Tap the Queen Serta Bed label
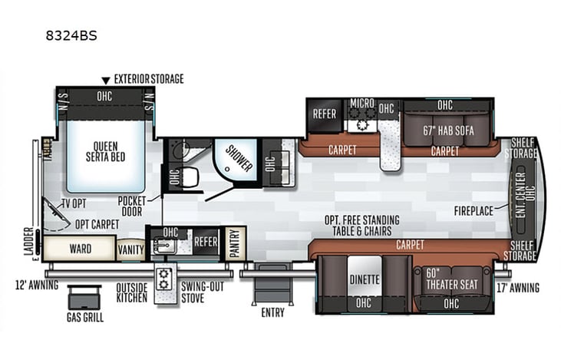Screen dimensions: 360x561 tap(106, 152)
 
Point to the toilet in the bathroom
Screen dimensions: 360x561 tap(188, 177)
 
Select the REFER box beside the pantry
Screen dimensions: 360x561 tap(206, 240)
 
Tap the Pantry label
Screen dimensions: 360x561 tap(233, 242)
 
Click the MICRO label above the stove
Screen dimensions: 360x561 tap(362, 103)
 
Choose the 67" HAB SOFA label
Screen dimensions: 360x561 tap(448, 130)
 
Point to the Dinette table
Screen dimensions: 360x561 tap(365, 280)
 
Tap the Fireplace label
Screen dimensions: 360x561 tap(474, 209)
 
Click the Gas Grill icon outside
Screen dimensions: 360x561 tap(84, 298)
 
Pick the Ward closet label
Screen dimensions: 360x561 tap(81, 249)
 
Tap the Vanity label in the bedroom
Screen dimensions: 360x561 tap(130, 249)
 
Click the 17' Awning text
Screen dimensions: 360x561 tap(519, 289)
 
